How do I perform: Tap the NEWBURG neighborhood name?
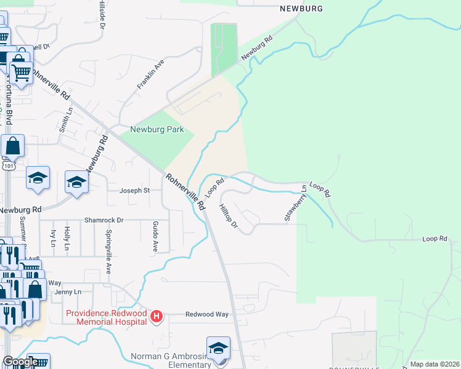coord(301,9)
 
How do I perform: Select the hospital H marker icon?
coord(157,316)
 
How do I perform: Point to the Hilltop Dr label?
coord(228,216)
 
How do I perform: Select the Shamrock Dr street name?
coord(104,220)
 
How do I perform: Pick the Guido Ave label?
coord(155,237)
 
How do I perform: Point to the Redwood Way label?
coord(207,314)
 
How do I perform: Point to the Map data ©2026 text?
coord(434,364)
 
